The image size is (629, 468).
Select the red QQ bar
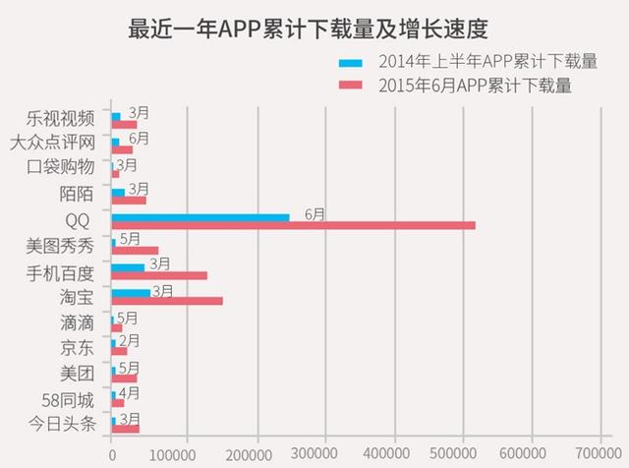[x=293, y=225]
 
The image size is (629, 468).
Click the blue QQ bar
[x=200, y=216]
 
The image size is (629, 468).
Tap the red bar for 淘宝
[x=167, y=301]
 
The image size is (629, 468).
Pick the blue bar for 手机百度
[x=128, y=266]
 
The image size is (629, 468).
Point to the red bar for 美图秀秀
[x=135, y=250]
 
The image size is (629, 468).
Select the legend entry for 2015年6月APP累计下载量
[x=462, y=87]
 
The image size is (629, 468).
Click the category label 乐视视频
[x=63, y=118]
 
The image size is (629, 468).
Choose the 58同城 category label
[x=63, y=399]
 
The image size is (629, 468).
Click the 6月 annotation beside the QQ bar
[x=315, y=212]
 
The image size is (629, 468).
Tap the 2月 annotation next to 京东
[x=129, y=340]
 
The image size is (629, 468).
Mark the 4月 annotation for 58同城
[x=129, y=392]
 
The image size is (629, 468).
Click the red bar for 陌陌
[x=129, y=200]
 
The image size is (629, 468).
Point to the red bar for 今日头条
[x=126, y=428]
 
